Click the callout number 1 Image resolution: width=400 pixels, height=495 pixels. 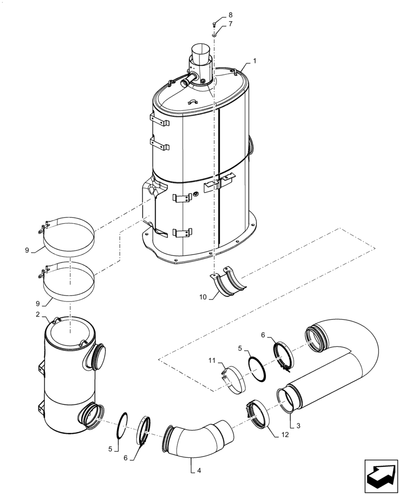(x=254, y=61)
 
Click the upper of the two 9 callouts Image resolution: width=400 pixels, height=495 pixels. (x=28, y=250)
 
